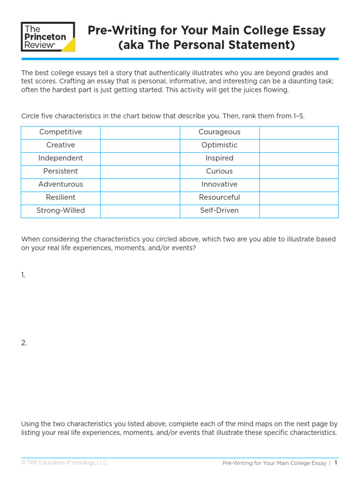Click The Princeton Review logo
(48, 37)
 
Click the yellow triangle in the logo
(68, 45)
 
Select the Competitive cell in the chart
(60, 132)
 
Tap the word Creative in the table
(60, 145)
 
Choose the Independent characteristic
(60, 158)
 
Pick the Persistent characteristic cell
(60, 172)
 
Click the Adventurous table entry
(60, 185)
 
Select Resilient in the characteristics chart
(60, 198)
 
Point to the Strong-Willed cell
(60, 211)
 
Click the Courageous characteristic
(219, 132)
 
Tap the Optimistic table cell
(219, 145)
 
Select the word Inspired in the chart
(219, 158)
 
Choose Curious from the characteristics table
(219, 172)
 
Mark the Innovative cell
(219, 185)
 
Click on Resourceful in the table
(219, 198)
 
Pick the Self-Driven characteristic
(219, 211)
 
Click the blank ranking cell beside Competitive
(140, 132)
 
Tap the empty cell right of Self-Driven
(299, 211)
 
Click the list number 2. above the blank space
(24, 343)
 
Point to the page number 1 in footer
(336, 463)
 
